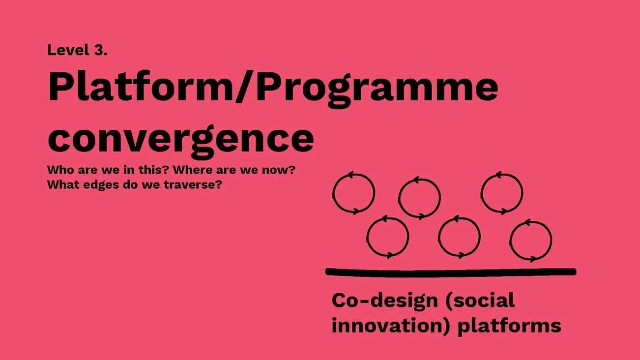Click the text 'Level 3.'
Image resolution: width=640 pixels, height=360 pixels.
pyautogui.click(x=77, y=50)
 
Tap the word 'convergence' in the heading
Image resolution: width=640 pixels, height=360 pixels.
pyautogui.click(x=180, y=138)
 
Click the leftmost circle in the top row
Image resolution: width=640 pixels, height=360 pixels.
pyautogui.click(x=353, y=193)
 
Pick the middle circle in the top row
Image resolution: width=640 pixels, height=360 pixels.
pyautogui.click(x=419, y=198)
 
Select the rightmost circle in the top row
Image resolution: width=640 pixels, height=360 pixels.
pyautogui.click(x=501, y=193)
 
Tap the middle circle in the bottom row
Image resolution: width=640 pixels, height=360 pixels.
pyautogui.click(x=459, y=237)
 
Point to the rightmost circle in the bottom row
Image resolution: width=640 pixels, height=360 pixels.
pyautogui.click(x=530, y=240)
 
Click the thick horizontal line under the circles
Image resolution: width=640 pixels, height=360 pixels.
pyautogui.click(x=450, y=271)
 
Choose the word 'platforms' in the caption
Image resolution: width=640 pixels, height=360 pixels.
pyautogui.click(x=510, y=326)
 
